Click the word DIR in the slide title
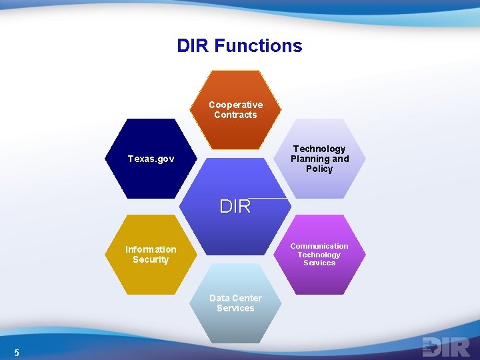pyautogui.click(x=193, y=46)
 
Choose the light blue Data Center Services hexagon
pyautogui.click(x=235, y=327)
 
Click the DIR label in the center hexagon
pyautogui.click(x=235, y=207)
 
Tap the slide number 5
pyautogui.click(x=17, y=353)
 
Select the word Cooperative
pyautogui.click(x=235, y=105)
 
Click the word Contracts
pyautogui.click(x=235, y=115)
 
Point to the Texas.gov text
pyautogui.click(x=151, y=159)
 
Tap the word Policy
pyautogui.click(x=319, y=169)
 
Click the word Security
pyautogui.click(x=151, y=259)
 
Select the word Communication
pyautogui.click(x=319, y=246)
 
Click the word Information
pyautogui.click(x=151, y=249)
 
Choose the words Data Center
pyautogui.click(x=235, y=298)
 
